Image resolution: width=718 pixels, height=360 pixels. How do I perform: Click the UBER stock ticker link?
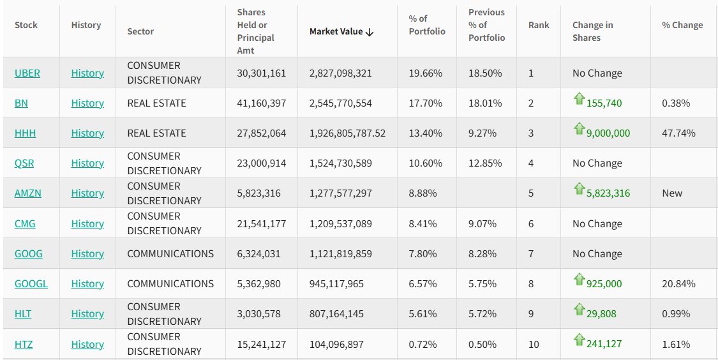27,73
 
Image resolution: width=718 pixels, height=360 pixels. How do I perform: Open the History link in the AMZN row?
87,193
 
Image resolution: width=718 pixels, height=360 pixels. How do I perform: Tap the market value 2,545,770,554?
341,103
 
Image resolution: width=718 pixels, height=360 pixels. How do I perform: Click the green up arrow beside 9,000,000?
579,129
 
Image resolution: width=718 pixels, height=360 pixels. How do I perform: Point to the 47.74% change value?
678,133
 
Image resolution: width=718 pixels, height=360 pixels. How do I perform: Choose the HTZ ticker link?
24,344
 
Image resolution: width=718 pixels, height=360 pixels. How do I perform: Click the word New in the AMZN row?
672,193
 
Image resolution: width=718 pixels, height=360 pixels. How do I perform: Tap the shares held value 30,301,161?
262,73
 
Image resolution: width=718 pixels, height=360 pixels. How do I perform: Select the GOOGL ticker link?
31,283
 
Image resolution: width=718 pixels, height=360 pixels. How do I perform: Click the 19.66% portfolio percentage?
426,73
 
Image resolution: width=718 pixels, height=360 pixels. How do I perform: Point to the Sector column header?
140,31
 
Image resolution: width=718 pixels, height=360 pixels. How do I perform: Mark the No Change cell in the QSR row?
597,163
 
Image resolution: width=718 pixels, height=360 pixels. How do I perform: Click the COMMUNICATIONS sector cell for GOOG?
170,253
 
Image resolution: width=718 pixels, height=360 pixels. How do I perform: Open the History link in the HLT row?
87,313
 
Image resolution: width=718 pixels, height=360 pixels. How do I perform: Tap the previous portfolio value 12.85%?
485,163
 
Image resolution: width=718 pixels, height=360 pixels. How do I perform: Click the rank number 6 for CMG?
531,223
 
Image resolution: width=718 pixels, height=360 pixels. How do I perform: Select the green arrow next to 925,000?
579,280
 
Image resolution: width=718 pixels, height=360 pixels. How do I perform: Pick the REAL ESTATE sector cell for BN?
156,103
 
